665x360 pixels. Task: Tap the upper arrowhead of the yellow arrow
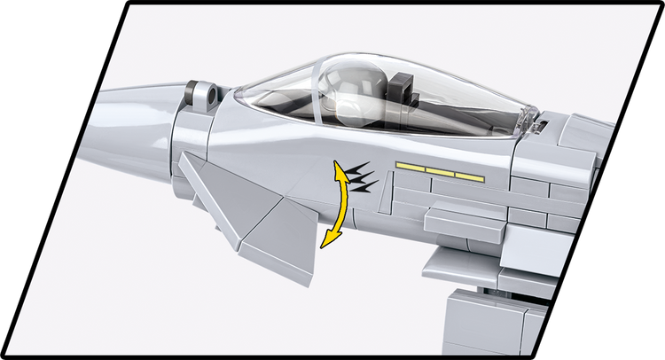tap(338, 167)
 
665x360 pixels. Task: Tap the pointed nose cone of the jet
tap(124, 102)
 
